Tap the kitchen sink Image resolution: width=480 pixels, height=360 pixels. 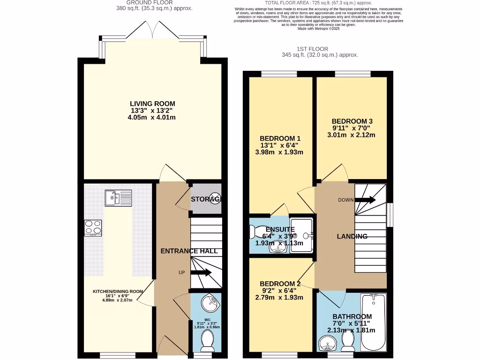(x=118, y=198)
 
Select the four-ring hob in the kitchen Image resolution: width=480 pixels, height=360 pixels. (x=93, y=227)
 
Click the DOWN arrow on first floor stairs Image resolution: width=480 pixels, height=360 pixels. (x=366, y=200)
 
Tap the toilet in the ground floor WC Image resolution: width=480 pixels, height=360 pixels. (x=206, y=345)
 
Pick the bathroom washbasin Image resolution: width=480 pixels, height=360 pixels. (x=326, y=344)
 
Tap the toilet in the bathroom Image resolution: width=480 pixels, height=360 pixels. (x=347, y=341)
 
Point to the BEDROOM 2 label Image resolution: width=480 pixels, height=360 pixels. (x=280, y=284)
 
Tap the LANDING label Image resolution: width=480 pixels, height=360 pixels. (x=352, y=236)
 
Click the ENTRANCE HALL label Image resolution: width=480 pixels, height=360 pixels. (x=189, y=251)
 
